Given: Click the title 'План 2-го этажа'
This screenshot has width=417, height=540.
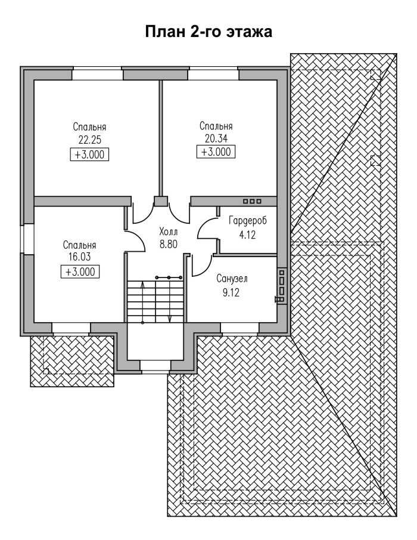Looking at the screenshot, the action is pyautogui.click(x=208, y=32).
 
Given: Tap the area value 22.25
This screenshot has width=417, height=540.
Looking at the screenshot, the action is pyautogui.click(x=89, y=140).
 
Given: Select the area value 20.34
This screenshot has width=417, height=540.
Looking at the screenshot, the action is pyautogui.click(x=216, y=139).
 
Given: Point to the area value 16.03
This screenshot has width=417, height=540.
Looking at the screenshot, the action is pyautogui.click(x=79, y=257).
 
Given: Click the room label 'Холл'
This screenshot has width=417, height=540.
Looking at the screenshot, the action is pyautogui.click(x=169, y=231).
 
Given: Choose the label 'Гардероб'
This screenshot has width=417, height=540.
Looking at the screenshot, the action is pyautogui.click(x=247, y=221).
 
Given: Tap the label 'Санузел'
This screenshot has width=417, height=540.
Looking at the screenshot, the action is pyautogui.click(x=232, y=278).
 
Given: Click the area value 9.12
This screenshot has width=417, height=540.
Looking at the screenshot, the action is pyautogui.click(x=231, y=293).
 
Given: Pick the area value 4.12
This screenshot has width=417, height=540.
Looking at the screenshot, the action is pyautogui.click(x=247, y=235).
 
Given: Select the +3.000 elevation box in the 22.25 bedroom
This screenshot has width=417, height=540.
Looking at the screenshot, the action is pyautogui.click(x=89, y=155).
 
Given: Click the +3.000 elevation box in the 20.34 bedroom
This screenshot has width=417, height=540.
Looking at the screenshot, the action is pyautogui.click(x=216, y=152).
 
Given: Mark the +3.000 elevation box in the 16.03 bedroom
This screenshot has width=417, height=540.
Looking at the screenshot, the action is pyautogui.click(x=80, y=271).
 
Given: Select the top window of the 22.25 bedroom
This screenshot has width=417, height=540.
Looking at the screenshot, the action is pyautogui.click(x=98, y=75).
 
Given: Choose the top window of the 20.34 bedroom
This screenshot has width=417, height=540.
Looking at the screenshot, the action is pyautogui.click(x=213, y=75).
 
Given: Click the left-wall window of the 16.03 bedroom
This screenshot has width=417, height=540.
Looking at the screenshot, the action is pyautogui.click(x=27, y=239).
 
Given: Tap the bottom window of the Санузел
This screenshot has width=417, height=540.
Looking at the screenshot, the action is pyautogui.click(x=239, y=329).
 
